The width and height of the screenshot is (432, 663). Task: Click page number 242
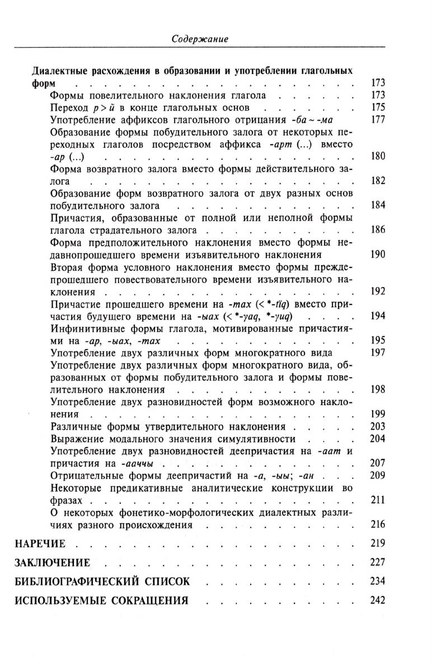coord(378,600)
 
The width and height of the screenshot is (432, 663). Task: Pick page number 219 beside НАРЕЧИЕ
coord(378,543)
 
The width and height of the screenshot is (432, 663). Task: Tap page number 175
coord(378,107)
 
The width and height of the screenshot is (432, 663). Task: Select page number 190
coord(378,255)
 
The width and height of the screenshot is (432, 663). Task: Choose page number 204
coord(378,439)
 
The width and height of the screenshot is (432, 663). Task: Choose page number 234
coord(378,581)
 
